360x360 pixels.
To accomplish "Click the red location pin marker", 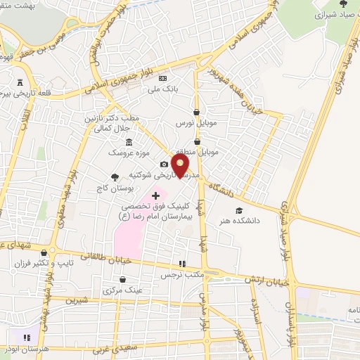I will coord(181,165).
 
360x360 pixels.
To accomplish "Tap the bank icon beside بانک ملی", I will coord(164,78).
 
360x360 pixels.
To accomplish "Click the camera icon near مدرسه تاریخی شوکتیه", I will coord(164,164).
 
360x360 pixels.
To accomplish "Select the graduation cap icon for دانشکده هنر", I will coord(239,210).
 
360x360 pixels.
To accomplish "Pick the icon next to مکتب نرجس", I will coord(182,263).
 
